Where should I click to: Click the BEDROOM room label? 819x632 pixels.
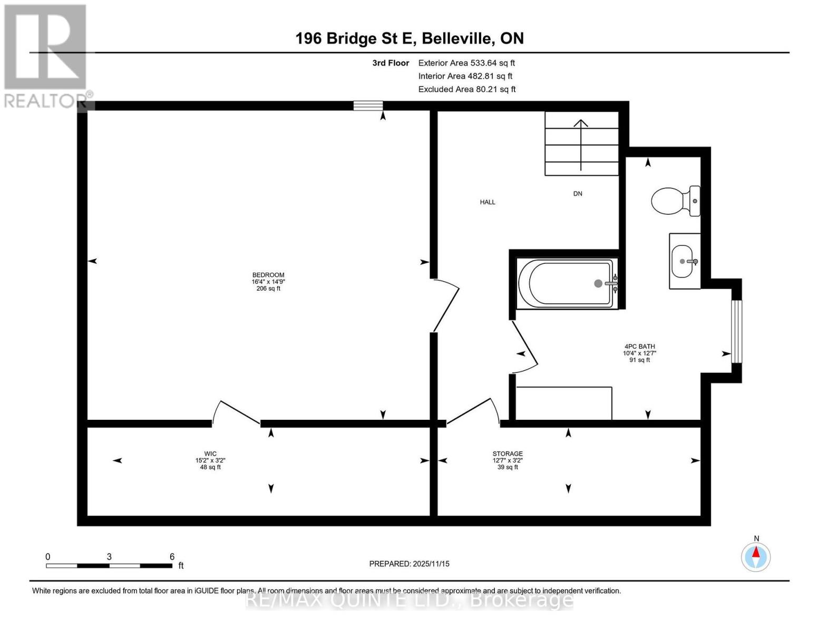pos(268,275)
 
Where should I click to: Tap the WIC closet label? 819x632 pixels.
pos(210,454)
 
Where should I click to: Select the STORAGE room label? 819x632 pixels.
pos(508,454)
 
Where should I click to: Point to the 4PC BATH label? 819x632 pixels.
pos(639,347)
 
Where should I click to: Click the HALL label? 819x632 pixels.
pos(487,202)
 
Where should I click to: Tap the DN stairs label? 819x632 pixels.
pos(578,194)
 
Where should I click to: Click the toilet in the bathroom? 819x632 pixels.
pos(675,201)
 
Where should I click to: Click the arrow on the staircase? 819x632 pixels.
pos(581,144)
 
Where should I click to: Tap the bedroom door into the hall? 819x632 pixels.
pos(445,305)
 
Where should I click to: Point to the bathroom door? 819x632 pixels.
pos(524,345)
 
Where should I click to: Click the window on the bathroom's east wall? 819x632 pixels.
pos(736,331)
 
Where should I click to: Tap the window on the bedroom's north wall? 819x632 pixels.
pos(368,106)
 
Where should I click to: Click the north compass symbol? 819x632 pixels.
pos(756,556)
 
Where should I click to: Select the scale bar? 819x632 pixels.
pos(109,566)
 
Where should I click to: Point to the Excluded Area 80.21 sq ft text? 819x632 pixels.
pos(466,90)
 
